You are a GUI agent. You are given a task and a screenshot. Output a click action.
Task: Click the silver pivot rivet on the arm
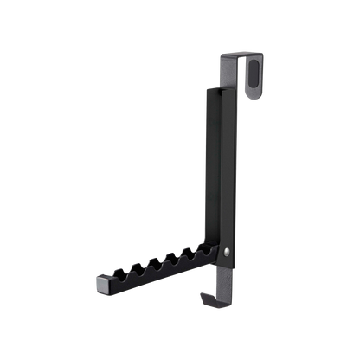pyautogui.click(x=226, y=253)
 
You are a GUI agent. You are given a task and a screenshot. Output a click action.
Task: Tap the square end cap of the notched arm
pyautogui.click(x=100, y=282)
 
